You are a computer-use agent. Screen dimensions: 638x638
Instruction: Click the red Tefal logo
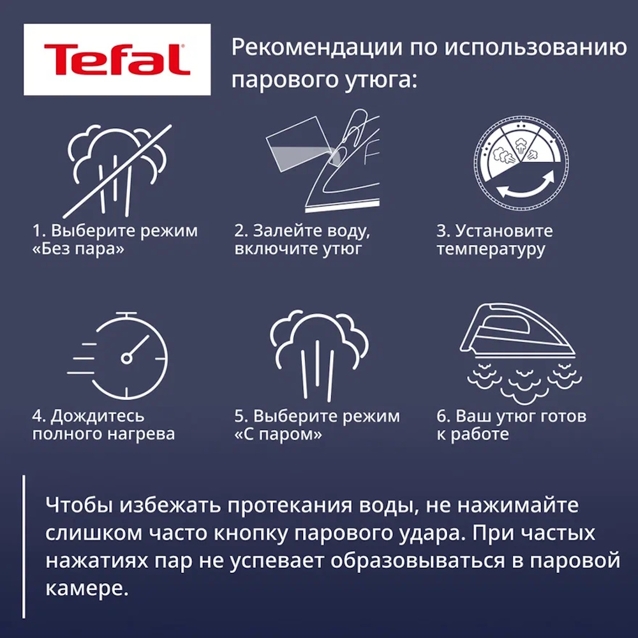(117, 59)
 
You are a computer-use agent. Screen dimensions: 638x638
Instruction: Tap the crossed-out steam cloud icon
(117, 171)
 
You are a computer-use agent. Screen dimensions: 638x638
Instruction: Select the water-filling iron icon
(323, 160)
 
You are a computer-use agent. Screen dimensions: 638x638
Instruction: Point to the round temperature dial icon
(521, 163)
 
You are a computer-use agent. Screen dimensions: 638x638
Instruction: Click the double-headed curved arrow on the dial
(525, 190)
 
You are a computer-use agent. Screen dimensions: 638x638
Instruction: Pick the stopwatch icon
(118, 356)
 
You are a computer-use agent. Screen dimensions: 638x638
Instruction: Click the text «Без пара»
(78, 249)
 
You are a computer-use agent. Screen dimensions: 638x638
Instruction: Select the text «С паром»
(278, 434)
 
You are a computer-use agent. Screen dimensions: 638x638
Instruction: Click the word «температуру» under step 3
(491, 249)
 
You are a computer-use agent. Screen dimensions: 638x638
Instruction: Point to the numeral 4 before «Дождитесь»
(38, 416)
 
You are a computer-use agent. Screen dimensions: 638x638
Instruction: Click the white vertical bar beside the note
(24, 547)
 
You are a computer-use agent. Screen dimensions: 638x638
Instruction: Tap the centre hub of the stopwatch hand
(126, 358)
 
